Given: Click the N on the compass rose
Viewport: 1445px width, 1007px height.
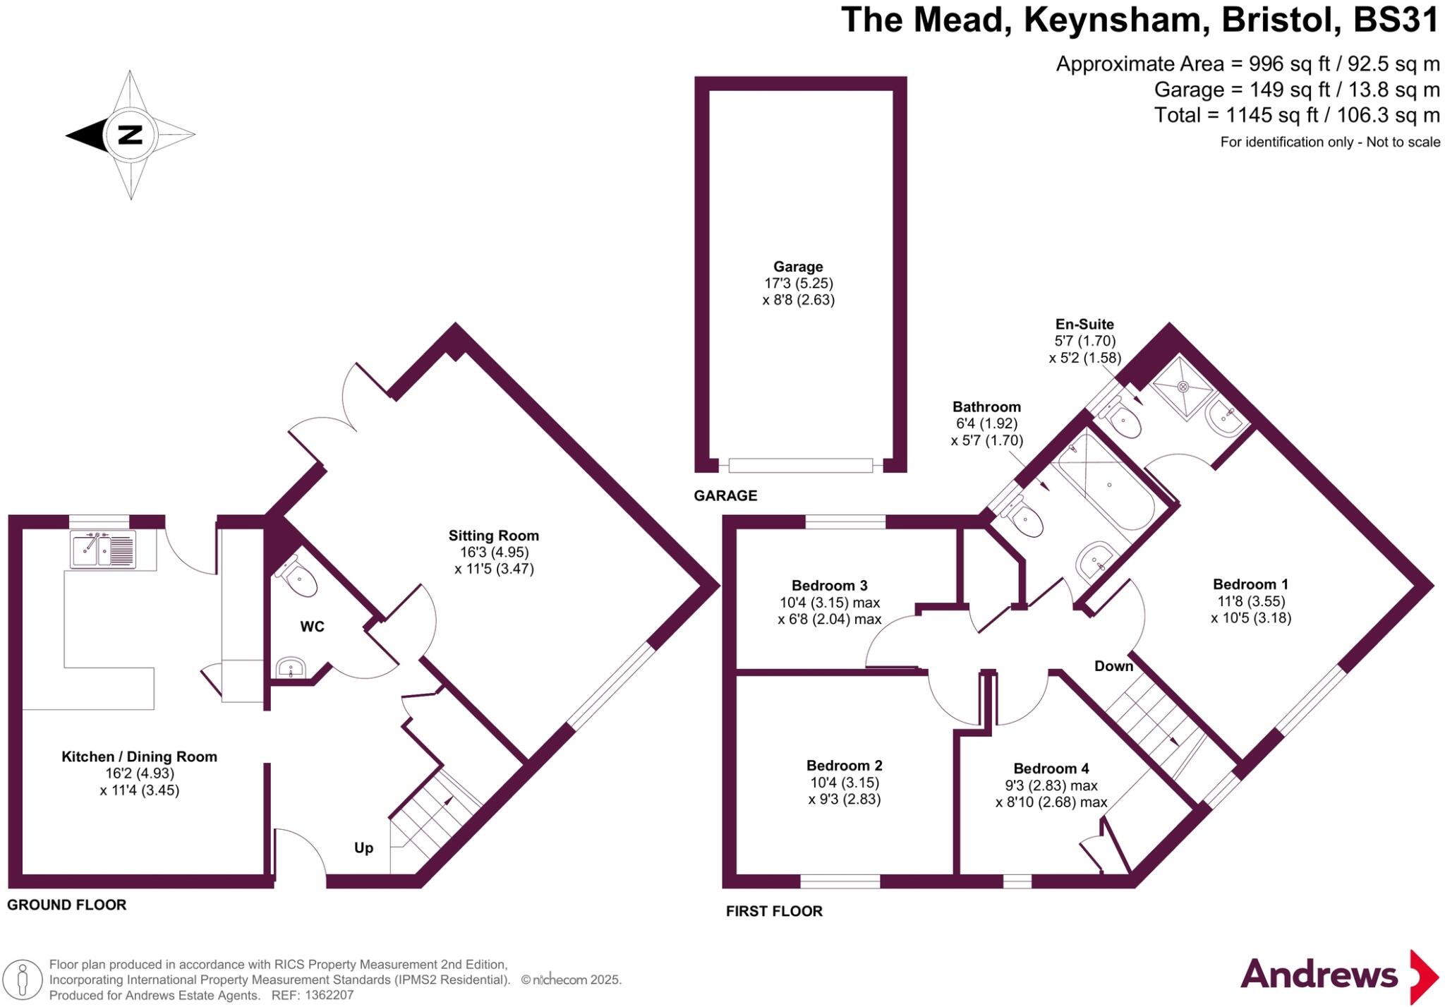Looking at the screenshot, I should point(130,134).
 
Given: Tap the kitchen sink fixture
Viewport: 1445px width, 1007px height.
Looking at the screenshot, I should point(103,550).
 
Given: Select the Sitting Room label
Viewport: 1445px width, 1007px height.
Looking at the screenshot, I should point(494,536).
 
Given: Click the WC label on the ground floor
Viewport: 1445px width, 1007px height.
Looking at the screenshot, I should point(312,627).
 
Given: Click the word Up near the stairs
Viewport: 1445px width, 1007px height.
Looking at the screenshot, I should point(363,848).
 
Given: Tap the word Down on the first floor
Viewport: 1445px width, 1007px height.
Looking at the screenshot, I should point(1113,666).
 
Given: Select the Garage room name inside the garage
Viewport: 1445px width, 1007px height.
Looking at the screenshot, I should point(798,267).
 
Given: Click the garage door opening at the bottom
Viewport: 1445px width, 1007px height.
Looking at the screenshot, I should point(801,466).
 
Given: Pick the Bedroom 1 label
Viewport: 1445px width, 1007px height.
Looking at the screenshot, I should point(1250,584).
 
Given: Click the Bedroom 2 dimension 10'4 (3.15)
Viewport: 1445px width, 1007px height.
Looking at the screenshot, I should point(844,783).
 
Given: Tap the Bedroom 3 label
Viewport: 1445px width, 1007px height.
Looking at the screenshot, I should point(829,586).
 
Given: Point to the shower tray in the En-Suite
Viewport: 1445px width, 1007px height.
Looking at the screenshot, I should point(1183,387).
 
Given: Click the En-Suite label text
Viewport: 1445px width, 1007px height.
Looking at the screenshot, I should point(1084,325).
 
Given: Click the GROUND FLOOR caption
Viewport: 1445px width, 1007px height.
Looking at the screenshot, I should point(67,905).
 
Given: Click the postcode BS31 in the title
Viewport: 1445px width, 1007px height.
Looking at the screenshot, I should point(1396,20).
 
